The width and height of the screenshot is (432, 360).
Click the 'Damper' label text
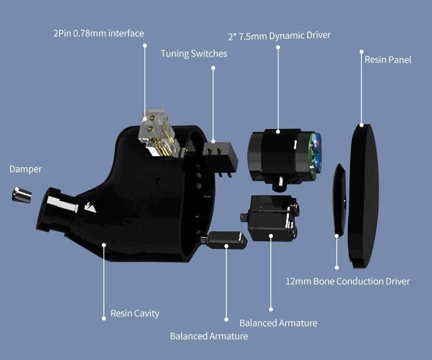(x=26, y=169)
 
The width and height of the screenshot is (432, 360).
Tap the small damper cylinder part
(x=21, y=195)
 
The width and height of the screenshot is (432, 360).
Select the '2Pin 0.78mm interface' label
(x=98, y=33)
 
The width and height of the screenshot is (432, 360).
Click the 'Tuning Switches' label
(x=194, y=54)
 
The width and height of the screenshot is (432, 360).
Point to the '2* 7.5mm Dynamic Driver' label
(x=279, y=36)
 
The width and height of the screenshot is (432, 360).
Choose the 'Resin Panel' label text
(x=388, y=60)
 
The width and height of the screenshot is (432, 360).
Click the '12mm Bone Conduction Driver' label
(x=348, y=281)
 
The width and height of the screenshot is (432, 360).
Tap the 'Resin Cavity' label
(x=135, y=313)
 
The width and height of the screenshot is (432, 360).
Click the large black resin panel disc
(x=363, y=196)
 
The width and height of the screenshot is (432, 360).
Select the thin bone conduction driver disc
(x=340, y=200)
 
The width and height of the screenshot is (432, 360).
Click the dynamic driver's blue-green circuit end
(x=316, y=156)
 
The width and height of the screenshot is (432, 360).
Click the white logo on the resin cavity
(x=90, y=207)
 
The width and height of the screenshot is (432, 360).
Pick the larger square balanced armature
(x=271, y=218)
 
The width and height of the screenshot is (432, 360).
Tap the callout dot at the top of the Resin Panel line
(x=361, y=51)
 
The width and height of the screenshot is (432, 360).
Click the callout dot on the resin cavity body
(x=104, y=245)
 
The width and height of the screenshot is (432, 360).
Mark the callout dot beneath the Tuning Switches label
(x=213, y=68)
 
